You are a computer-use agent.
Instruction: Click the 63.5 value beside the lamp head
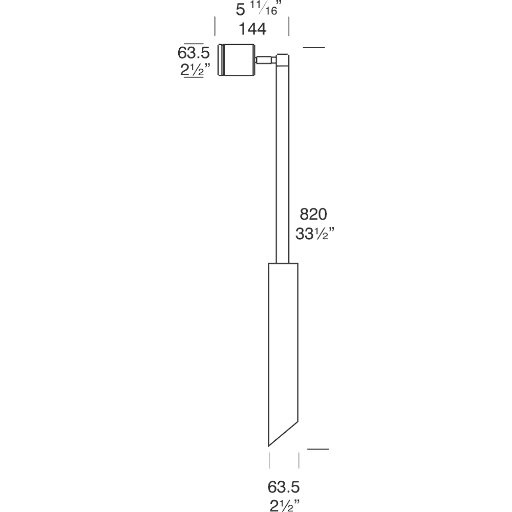click(191, 53)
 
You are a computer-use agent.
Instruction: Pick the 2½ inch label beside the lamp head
click(192, 71)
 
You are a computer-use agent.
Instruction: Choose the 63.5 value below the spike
click(283, 486)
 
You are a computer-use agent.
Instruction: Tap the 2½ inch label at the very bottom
click(284, 505)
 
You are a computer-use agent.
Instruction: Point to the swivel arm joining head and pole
click(264, 60)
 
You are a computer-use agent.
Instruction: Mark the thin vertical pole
click(283, 164)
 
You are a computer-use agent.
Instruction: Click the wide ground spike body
click(283, 348)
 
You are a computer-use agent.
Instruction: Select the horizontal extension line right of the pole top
click(313, 48)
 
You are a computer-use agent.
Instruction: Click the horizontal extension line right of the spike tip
click(317, 449)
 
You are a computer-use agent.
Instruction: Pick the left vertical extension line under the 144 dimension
click(215, 26)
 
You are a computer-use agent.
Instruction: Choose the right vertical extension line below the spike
click(299, 460)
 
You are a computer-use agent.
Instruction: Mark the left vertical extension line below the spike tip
click(269, 460)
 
